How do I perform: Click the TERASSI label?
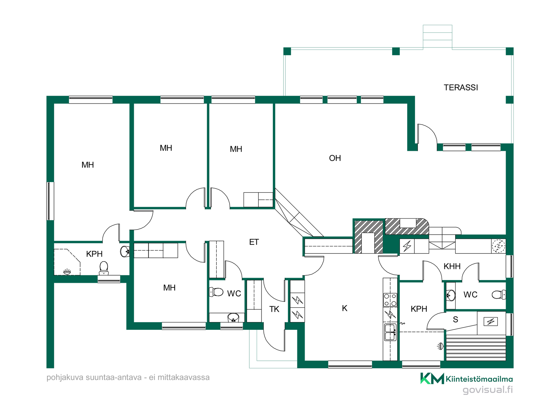(461, 87)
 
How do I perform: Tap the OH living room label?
(335, 158)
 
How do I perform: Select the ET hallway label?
(254, 242)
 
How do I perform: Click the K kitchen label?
(344, 308)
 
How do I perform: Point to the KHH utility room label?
(452, 266)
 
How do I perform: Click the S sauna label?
(455, 319)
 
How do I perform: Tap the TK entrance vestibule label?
(274, 309)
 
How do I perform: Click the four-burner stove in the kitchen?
(390, 300)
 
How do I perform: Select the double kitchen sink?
(390, 332)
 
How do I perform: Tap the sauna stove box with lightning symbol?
(491, 322)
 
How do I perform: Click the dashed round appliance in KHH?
(498, 246)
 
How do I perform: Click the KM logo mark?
(432, 379)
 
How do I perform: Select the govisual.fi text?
(488, 390)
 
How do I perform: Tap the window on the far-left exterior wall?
(50, 201)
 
